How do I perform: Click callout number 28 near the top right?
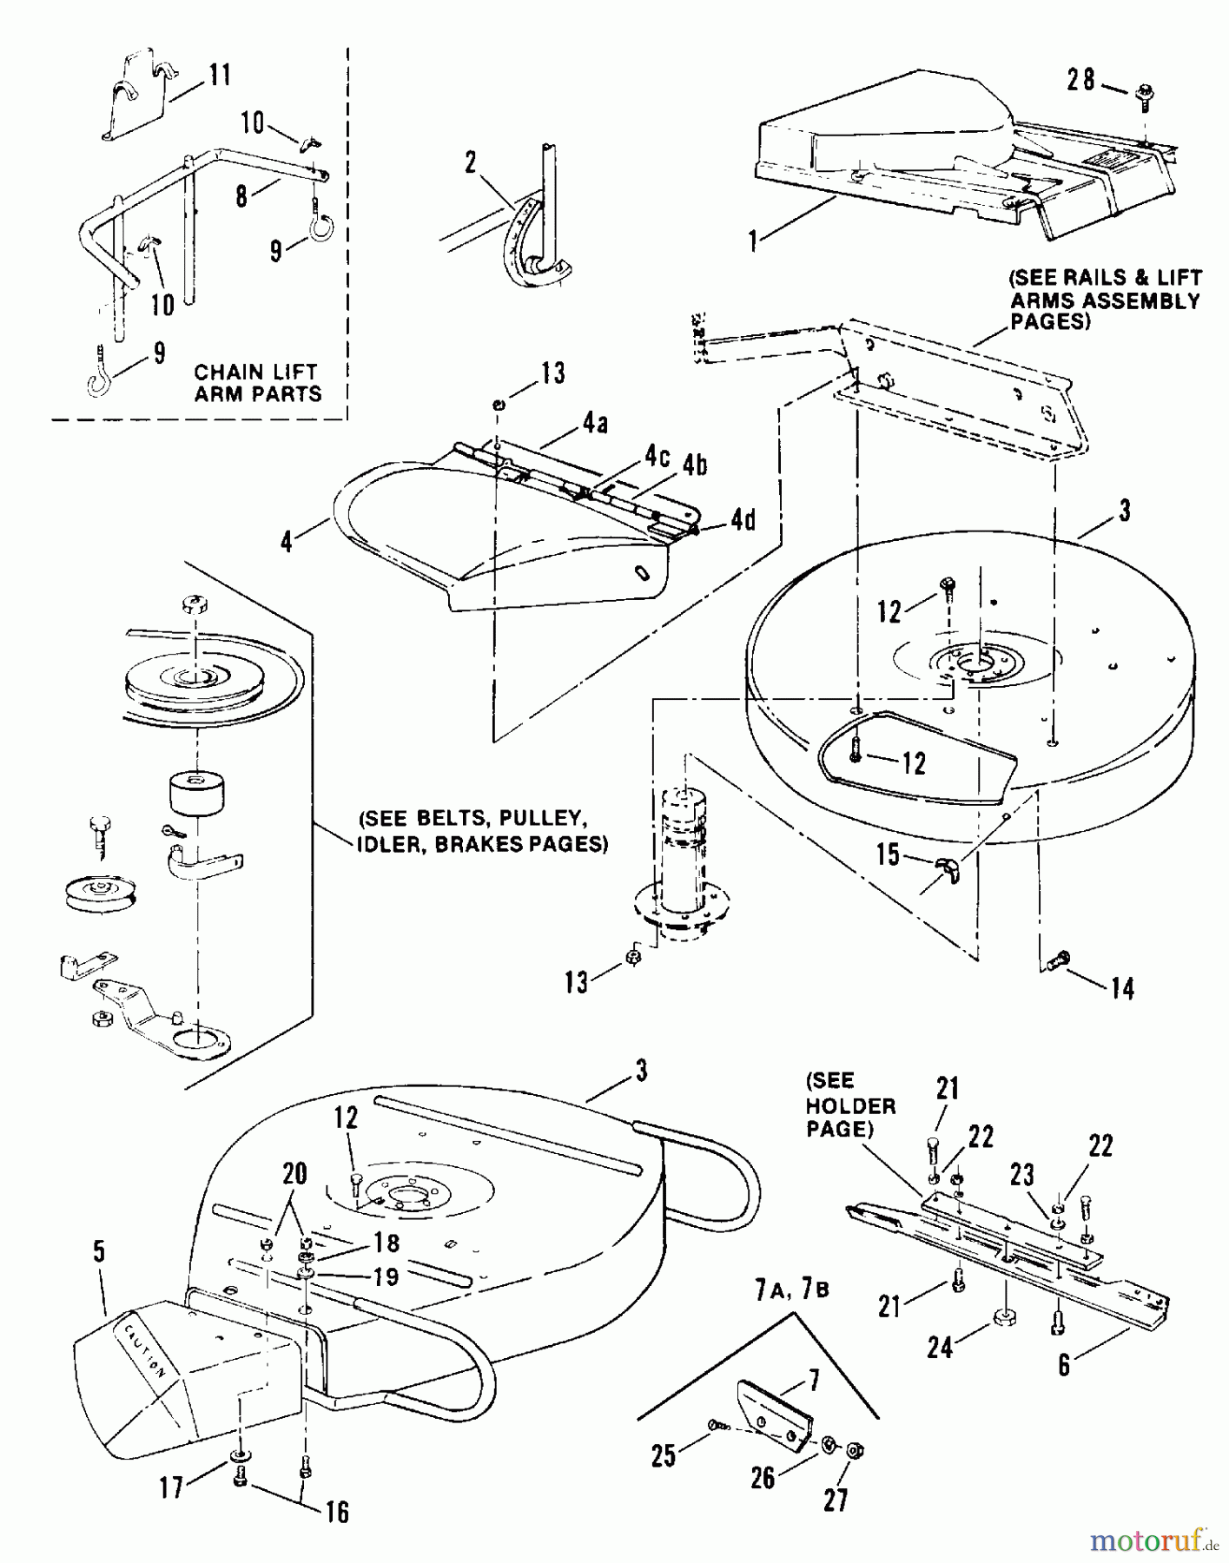click(1081, 81)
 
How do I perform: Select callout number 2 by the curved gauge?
click(471, 162)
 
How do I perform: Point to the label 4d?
click(743, 521)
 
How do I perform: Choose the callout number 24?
click(941, 1347)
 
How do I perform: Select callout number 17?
click(172, 1487)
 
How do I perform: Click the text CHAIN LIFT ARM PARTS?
click(258, 383)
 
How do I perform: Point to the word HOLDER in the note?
click(851, 1106)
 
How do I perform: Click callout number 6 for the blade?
click(1065, 1365)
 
